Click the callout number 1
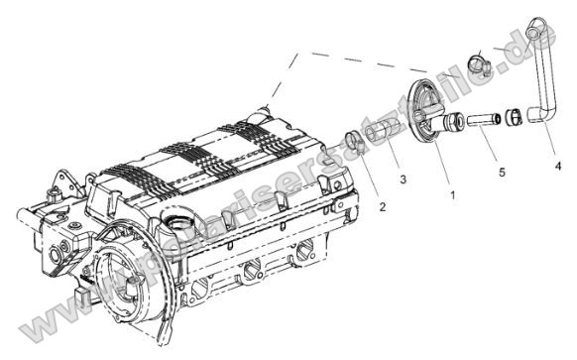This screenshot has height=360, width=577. (453, 195)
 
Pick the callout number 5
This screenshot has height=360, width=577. (503, 172)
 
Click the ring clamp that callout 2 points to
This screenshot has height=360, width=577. (355, 141)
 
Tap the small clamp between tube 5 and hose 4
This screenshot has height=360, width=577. (516, 116)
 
